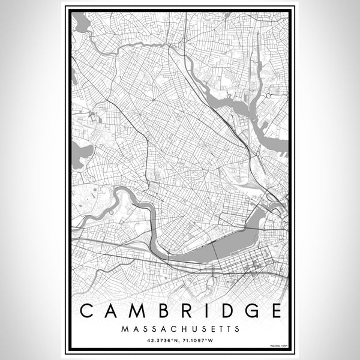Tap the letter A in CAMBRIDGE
[113, 311]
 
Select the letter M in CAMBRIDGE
[139, 311]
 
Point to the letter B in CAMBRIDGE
[164, 311]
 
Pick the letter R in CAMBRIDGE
[186, 311]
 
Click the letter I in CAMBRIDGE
[204, 311]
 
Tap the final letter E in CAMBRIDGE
[273, 311]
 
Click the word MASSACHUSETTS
[180, 329]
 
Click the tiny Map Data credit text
[280, 347]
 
